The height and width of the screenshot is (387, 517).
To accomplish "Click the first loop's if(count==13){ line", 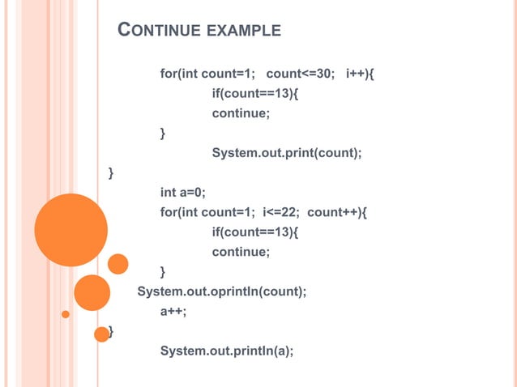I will pos(254,94).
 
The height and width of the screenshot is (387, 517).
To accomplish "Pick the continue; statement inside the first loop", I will pos(241,113).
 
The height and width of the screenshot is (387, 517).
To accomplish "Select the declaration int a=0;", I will pos(182,192).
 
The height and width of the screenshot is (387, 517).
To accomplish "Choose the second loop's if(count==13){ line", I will pos(254,232).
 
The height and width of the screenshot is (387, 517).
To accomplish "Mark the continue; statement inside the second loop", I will pos(241,252).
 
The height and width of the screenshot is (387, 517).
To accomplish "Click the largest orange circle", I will pos(71,231).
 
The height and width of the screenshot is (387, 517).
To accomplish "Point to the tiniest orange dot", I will pos(66,314).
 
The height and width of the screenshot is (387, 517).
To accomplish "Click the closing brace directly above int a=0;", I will pos(111,172).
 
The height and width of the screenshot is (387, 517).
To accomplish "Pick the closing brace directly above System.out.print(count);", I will pos(164,133).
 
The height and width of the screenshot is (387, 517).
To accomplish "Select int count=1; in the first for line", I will pos(216,75).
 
